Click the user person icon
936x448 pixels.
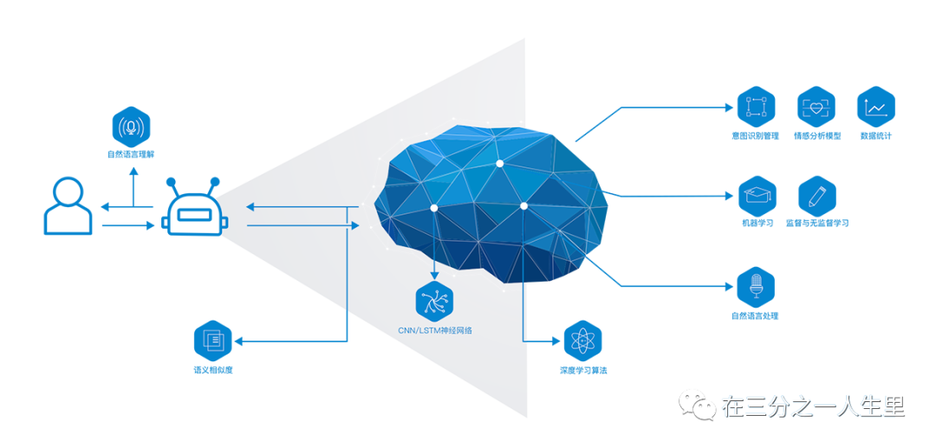click(x=68, y=205)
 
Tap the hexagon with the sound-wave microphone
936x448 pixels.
click(x=132, y=127)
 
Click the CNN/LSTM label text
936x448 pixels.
click(x=435, y=330)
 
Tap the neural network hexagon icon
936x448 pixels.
click(x=435, y=300)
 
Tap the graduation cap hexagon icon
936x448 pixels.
click(x=755, y=196)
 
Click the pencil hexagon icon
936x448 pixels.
click(x=816, y=196)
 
